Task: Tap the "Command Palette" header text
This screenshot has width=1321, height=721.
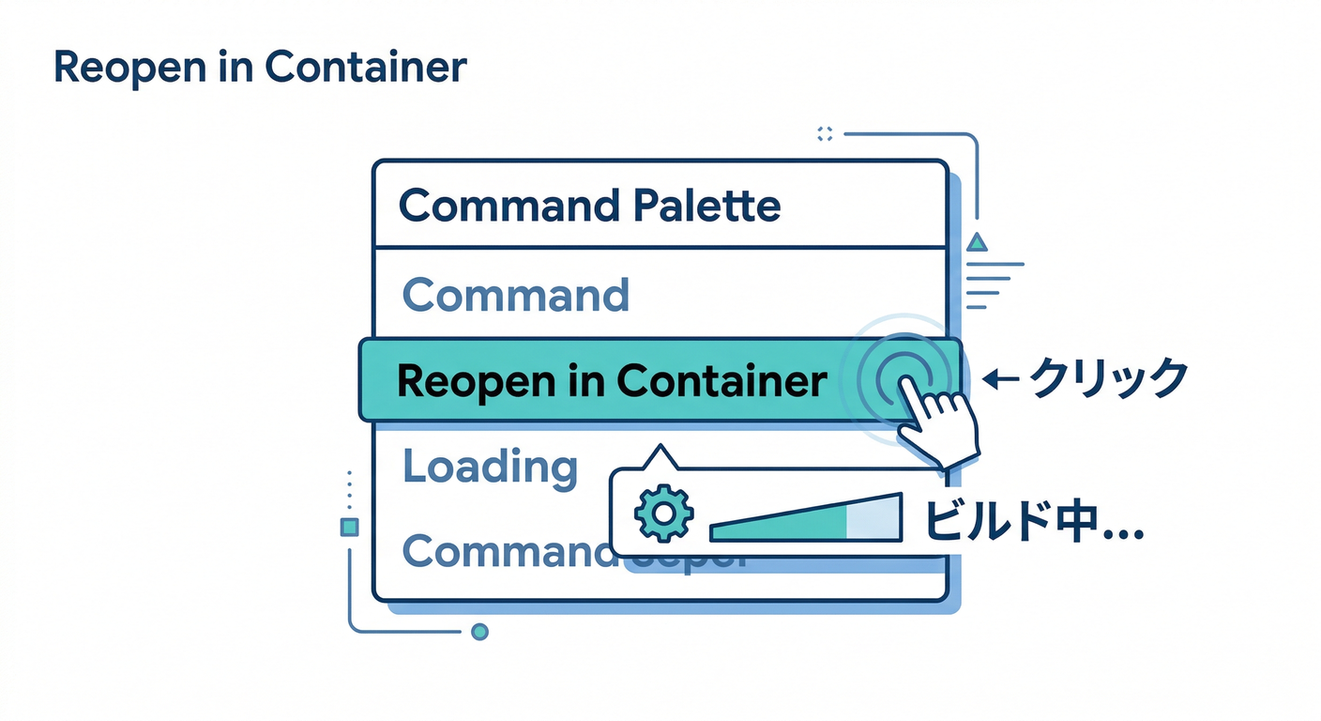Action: (x=589, y=206)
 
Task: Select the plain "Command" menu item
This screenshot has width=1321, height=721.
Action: (x=515, y=296)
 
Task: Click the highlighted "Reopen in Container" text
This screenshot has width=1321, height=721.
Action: (x=612, y=381)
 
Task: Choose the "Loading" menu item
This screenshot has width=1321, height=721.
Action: (x=490, y=467)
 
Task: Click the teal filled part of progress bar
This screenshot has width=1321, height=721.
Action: (x=779, y=522)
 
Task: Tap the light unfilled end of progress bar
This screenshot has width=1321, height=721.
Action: (x=873, y=518)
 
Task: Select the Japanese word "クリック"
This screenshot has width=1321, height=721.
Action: (x=1110, y=379)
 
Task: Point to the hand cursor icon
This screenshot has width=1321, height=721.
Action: (x=941, y=423)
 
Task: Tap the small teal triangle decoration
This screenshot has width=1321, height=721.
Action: (x=977, y=242)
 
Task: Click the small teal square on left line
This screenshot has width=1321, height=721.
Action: (x=350, y=528)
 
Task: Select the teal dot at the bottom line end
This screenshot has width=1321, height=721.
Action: (x=479, y=632)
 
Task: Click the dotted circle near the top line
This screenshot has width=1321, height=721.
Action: (x=825, y=134)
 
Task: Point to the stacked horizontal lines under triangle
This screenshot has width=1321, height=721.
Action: (x=990, y=285)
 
